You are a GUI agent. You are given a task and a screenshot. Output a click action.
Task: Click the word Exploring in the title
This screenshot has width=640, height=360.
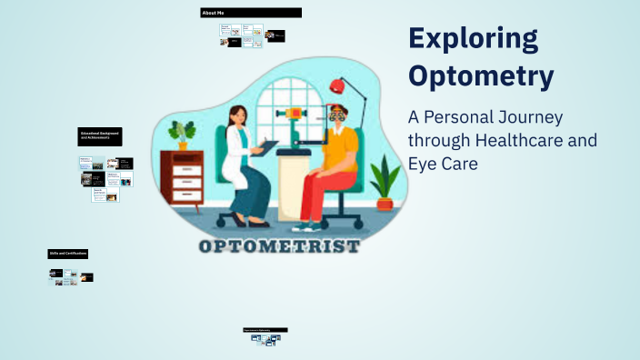[473, 40]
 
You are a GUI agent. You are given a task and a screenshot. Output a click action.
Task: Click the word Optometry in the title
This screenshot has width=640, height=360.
[481, 76]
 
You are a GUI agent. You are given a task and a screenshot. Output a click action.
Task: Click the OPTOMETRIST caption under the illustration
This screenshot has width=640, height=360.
[279, 247]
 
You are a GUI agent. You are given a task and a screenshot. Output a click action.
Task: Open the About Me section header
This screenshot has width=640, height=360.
[250, 13]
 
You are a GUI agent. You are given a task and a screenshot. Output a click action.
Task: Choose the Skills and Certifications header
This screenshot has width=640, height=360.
[68, 253]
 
